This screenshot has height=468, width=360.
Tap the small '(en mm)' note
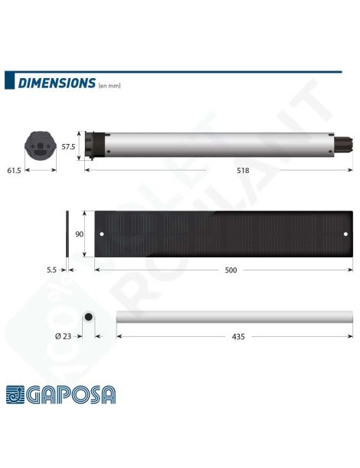(x=110, y=86)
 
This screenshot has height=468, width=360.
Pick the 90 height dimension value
(x=79, y=234)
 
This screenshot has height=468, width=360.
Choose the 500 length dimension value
(x=230, y=270)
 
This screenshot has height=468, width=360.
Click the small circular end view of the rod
(x=88, y=316)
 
